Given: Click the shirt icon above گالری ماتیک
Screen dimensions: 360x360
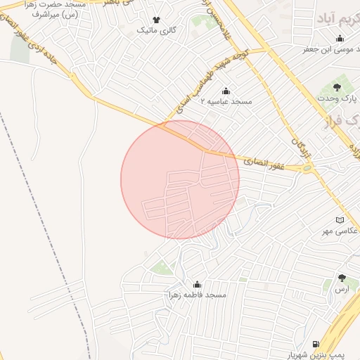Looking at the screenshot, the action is pos(155,20).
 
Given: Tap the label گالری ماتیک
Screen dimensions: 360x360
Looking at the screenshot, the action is pos(155,31).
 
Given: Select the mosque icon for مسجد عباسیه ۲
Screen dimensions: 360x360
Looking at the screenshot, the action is pos(226,91).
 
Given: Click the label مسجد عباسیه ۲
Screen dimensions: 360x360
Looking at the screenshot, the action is pos(226,102).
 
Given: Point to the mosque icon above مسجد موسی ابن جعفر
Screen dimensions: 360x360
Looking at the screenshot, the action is pos(340,39).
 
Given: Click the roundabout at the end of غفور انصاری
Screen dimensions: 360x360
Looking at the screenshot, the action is pos(307,169).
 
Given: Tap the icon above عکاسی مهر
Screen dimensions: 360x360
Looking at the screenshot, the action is pos(340,220).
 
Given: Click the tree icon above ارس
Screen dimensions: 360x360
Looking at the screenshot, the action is pos(342,278).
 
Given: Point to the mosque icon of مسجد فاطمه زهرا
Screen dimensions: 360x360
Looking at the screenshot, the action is pos(197,285).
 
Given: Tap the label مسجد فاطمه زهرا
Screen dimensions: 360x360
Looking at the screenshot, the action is pos(198,295).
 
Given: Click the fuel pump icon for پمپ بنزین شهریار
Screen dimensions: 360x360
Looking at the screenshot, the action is pos(316,345).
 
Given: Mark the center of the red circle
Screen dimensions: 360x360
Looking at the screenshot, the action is pos(180,180).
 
